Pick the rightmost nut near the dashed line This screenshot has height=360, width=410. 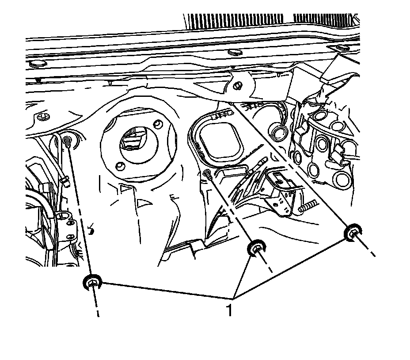point(353,233)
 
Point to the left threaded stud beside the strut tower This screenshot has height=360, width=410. point(67,142)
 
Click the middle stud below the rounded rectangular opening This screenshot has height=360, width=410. point(207,174)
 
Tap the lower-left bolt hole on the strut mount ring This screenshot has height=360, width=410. point(118,166)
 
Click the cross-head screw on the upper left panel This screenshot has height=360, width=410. point(43,118)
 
